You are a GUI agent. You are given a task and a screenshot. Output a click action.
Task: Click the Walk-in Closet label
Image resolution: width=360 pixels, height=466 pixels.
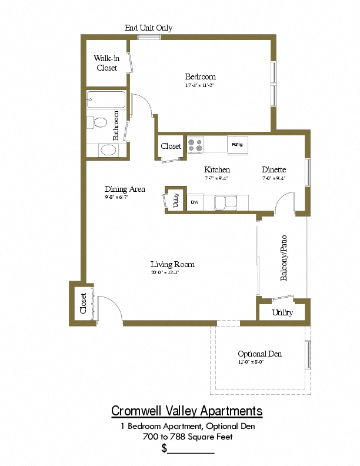click(106, 63)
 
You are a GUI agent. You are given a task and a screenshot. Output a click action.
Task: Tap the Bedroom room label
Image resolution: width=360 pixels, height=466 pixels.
click(201, 76)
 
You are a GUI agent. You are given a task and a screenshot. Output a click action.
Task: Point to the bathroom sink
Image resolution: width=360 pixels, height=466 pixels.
click(108, 149)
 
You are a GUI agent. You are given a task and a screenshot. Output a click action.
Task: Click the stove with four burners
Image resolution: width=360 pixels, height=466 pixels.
click(195, 145)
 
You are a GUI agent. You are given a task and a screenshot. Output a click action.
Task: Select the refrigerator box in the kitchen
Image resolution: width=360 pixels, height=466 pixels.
click(238, 144)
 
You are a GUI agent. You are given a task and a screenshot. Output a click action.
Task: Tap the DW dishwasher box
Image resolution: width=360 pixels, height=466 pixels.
click(195, 202)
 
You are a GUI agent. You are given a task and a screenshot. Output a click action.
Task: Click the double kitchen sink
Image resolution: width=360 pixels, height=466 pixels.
click(225, 202)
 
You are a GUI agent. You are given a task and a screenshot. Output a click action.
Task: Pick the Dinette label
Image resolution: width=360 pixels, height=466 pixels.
click(274, 170)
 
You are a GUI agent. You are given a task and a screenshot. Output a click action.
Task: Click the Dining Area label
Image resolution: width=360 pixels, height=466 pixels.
click(125, 189)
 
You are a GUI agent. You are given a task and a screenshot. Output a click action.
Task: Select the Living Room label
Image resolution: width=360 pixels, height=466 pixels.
click(172, 264)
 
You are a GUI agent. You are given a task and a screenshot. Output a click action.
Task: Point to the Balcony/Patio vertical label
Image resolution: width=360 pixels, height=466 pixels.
click(284, 258)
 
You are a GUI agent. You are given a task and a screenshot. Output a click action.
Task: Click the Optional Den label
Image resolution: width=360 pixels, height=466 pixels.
click(259, 354)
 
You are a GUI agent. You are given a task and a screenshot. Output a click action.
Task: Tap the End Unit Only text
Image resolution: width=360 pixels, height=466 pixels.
click(148, 28)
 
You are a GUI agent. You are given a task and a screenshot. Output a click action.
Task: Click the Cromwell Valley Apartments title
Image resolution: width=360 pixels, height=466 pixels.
click(187, 411)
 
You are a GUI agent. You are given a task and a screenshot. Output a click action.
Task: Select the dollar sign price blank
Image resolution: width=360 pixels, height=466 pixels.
click(188, 449)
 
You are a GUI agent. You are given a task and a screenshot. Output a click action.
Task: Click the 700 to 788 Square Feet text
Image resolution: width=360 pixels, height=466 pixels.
click(187, 437)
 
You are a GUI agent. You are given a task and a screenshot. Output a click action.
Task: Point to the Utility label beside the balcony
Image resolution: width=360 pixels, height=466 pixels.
click(282, 312)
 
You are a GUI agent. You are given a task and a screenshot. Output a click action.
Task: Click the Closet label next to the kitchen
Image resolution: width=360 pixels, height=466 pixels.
click(171, 146)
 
